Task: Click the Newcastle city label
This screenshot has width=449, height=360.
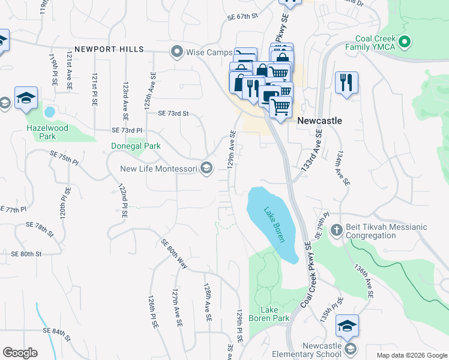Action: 319,121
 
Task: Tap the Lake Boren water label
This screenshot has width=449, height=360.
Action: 274,225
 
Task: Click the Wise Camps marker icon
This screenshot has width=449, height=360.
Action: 176,52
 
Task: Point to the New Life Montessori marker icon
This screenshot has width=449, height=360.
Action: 206,169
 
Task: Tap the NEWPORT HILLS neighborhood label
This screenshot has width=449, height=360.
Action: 109,49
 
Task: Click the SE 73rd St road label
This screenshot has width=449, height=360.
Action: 173,113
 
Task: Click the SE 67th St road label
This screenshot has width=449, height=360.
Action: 242,16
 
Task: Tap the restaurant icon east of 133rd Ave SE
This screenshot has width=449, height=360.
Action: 346,83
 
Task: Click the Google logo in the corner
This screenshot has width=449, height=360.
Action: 20,353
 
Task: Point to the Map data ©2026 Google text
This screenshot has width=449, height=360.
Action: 411,355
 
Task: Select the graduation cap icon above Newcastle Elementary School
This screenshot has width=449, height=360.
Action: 347,325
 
